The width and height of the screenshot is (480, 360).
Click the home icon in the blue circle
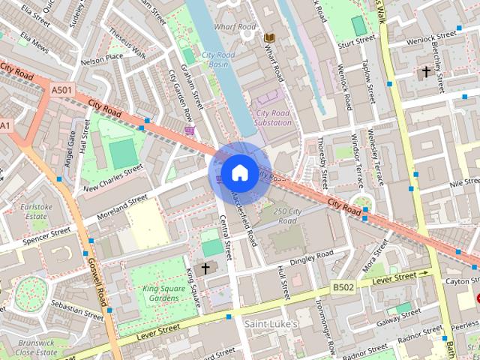pos(239,172)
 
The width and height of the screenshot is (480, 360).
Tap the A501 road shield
pos(62,90)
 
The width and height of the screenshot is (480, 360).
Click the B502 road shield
pos(344,287)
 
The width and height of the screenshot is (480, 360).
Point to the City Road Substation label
pos(272,117)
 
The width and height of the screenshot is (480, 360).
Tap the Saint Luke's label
pos(271,323)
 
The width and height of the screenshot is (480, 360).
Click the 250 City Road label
pos(287,216)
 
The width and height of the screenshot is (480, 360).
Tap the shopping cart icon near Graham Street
pos(189,130)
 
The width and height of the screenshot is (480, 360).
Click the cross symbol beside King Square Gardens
pos(205,268)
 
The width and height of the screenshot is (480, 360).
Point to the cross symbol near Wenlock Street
pos(426,72)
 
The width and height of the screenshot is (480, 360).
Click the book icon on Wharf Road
pos(269,37)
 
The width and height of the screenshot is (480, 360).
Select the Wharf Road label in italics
pos(234,27)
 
